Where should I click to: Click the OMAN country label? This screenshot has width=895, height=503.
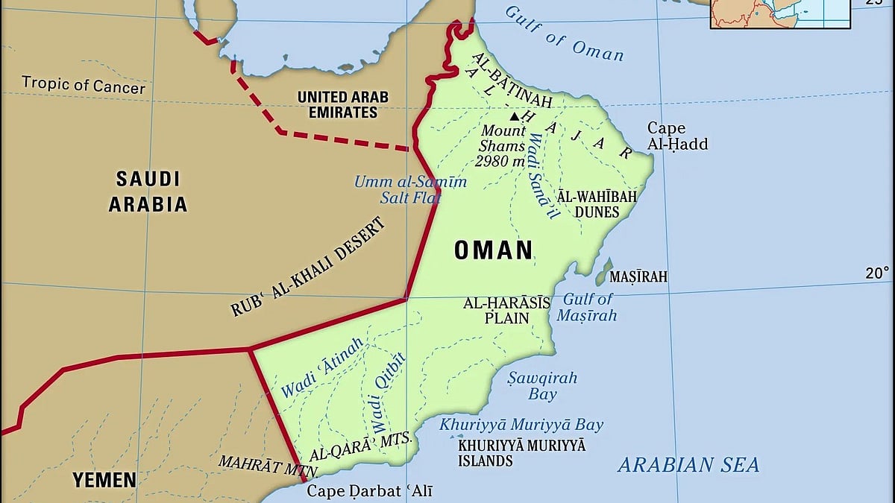point(494,250)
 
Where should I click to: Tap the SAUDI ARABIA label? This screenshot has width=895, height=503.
point(148,191)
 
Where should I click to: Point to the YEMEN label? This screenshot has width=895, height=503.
point(104,480)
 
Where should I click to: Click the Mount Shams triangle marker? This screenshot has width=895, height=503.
point(514,116)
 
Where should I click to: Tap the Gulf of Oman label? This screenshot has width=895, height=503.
point(564,34)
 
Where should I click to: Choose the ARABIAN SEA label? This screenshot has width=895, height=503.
point(688,465)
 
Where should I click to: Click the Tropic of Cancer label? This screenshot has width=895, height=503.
point(84,84)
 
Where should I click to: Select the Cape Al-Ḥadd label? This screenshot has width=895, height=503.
point(676,136)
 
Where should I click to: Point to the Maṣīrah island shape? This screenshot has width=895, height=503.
point(605,272)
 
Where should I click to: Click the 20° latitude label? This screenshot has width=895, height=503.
point(877,273)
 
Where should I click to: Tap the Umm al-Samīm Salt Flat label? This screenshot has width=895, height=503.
point(410,190)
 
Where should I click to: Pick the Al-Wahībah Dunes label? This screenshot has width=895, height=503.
point(597,204)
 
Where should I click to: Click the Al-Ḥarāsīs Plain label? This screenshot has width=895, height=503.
point(506,310)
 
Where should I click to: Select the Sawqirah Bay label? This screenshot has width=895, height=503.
point(542,385)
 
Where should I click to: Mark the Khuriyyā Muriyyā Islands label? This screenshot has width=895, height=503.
point(521,452)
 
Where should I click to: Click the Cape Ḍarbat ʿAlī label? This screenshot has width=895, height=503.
point(370,491)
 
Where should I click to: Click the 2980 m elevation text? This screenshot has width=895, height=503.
point(501,161)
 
